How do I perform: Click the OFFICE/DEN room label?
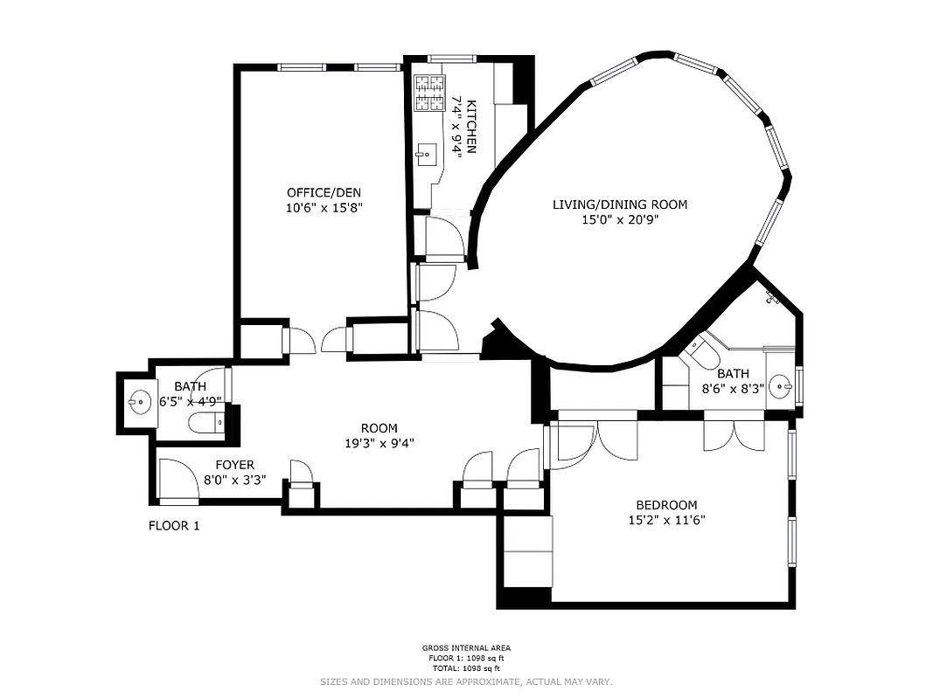[324, 192]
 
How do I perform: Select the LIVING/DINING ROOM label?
[619, 204]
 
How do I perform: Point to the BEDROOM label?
[666, 505]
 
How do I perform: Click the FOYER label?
[234, 465]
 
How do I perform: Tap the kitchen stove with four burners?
[429, 93]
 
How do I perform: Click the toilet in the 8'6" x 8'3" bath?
[702, 354]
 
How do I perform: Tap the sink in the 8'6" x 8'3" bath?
[783, 383]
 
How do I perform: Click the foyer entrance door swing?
[178, 480]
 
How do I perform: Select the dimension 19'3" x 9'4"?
[379, 443]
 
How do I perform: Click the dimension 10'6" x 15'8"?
[324, 208]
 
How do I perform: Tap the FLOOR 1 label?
[174, 526]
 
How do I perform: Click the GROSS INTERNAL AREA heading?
[466, 647]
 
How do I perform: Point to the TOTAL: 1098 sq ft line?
[466, 668]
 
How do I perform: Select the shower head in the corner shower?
[772, 299]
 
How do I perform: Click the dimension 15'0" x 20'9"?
[619, 219]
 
